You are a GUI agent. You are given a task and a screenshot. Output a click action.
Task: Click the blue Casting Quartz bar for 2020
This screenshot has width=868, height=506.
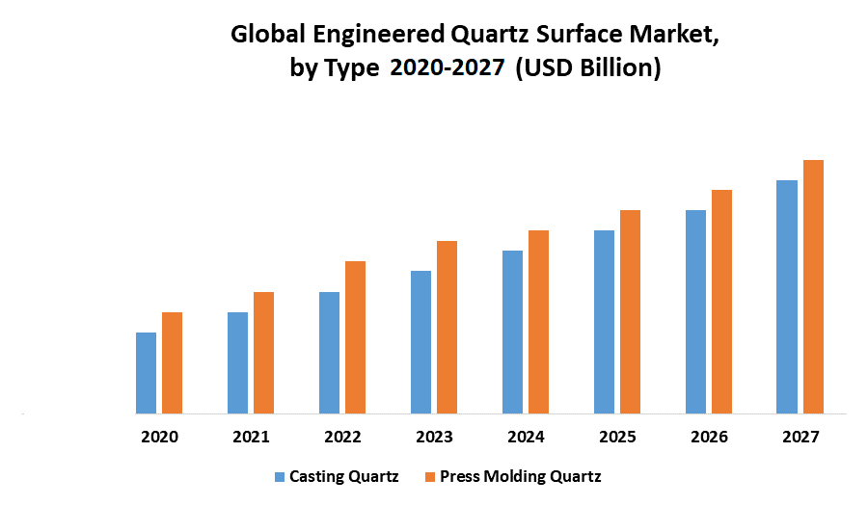point(146,373)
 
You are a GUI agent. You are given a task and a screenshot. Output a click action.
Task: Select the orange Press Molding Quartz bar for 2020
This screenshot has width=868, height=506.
point(172,363)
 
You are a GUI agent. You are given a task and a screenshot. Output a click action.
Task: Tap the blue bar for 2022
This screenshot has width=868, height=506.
point(329,353)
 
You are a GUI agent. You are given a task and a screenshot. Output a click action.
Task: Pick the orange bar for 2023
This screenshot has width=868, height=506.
point(447,328)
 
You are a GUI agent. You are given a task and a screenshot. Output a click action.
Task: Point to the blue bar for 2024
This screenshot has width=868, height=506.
point(512,333)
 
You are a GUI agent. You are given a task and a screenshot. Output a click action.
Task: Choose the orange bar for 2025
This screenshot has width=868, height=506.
point(630,312)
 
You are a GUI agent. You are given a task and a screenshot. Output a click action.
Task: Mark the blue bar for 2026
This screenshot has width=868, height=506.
point(695,312)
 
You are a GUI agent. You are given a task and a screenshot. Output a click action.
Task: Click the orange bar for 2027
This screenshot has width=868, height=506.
point(813,287)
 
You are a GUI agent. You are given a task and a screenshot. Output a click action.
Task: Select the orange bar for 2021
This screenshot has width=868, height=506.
point(263,353)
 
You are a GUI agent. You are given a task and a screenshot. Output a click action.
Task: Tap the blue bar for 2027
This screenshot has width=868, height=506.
point(787,297)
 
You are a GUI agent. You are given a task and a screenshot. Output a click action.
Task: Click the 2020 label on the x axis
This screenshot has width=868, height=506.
point(159,437)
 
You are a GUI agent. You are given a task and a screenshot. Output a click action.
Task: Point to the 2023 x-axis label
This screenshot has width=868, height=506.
point(434,437)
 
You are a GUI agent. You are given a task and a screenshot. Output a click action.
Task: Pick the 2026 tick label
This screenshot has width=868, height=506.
point(709,437)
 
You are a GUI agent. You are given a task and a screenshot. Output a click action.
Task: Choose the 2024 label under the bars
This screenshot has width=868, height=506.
point(526,437)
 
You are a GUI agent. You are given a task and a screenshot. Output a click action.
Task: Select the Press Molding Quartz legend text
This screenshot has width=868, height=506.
point(520,476)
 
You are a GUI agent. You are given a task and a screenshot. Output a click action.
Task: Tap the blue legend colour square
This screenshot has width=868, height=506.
point(280,476)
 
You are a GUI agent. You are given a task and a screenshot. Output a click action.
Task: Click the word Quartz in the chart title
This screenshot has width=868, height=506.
point(493,37)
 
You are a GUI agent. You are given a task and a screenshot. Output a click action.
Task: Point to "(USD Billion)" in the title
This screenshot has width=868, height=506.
point(588,69)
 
